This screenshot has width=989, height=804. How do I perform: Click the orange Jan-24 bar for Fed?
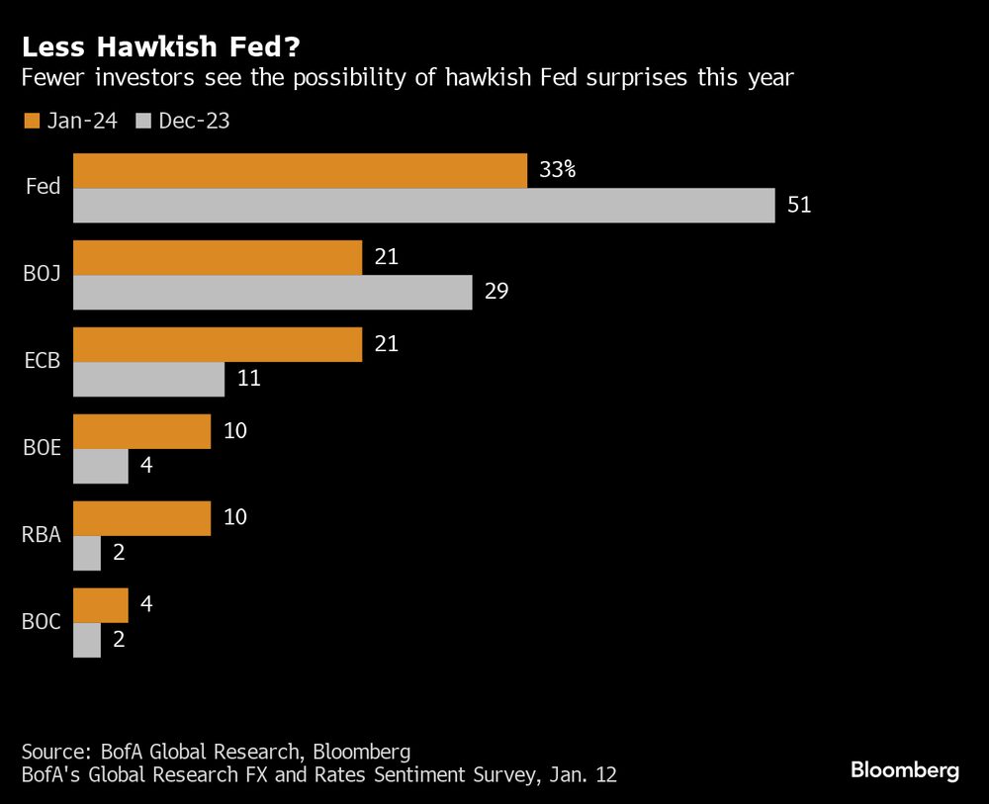(300, 170)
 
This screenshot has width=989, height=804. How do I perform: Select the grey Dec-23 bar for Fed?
(423, 206)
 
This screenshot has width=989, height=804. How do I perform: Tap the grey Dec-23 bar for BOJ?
(272, 293)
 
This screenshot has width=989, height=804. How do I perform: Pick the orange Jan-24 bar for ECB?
(218, 344)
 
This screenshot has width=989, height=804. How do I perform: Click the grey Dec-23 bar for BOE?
(101, 467)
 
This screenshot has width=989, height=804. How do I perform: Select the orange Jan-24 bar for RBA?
(142, 518)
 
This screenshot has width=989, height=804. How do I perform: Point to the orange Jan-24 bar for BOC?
(101, 605)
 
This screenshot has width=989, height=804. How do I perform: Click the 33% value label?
(558, 170)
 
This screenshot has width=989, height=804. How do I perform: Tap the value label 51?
(799, 206)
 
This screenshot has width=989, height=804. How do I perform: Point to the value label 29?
(496, 293)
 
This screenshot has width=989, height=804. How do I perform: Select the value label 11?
(249, 380)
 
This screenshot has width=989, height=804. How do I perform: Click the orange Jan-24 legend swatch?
(31, 121)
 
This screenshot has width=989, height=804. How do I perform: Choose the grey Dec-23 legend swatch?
(142, 121)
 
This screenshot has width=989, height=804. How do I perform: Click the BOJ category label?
(43, 275)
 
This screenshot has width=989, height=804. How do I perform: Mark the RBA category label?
(43, 536)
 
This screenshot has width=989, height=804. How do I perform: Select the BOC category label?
(43, 623)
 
